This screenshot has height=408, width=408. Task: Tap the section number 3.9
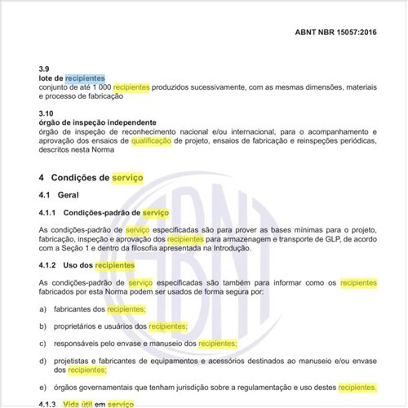click(x=43, y=68)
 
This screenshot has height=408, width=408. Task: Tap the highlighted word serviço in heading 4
click(x=126, y=177)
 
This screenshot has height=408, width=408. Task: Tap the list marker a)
click(x=42, y=309)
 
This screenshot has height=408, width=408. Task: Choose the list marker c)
click(x=42, y=344)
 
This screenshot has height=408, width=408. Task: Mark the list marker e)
click(x=42, y=387)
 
